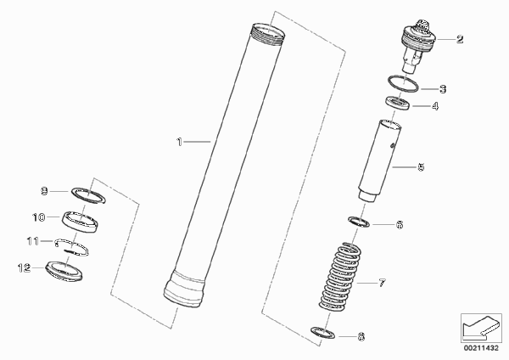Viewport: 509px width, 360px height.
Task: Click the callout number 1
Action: (x=179, y=142)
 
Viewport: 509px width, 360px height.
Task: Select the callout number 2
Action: (x=460, y=39)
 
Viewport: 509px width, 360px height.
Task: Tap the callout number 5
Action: (x=421, y=167)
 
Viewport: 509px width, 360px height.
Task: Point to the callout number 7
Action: (x=382, y=283)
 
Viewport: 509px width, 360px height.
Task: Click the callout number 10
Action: (x=39, y=217)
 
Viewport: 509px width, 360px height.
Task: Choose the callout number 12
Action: (x=24, y=268)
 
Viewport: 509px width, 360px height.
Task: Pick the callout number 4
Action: (x=435, y=106)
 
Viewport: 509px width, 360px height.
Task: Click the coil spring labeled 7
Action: (x=339, y=277)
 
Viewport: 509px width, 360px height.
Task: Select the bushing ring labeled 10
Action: (x=80, y=222)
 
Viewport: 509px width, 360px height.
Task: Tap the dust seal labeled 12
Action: (x=64, y=271)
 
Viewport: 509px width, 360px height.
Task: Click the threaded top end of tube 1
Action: (x=267, y=35)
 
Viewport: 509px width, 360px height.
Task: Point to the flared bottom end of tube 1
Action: (x=184, y=290)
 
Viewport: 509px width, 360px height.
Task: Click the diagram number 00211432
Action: (x=481, y=348)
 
